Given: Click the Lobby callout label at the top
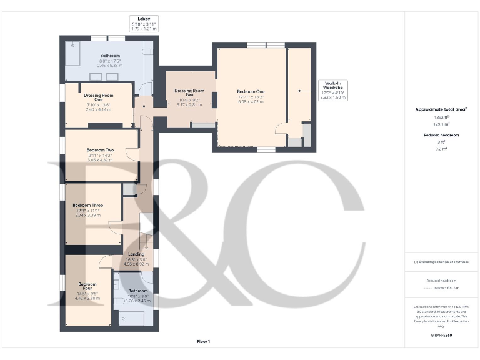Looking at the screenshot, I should (x=144, y=24).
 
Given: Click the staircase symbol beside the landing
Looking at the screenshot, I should (x=146, y=241).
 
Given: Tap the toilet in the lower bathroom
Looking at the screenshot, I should (x=119, y=301).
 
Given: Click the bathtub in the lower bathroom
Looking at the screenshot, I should (x=132, y=319).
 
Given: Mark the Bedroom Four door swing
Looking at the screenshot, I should (x=104, y=263).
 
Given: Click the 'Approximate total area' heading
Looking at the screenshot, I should (x=441, y=109).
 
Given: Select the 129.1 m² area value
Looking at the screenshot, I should (x=441, y=124).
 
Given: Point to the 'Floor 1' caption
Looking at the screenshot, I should (x=204, y=341).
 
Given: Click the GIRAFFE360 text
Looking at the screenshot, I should (x=441, y=336).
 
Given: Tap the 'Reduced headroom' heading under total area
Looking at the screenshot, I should (x=441, y=135).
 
